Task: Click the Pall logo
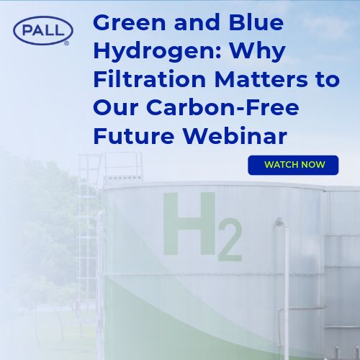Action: pyautogui.click(x=43, y=30)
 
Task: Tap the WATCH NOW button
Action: pyautogui.click(x=293, y=165)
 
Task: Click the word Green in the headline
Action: pyautogui.click(x=130, y=22)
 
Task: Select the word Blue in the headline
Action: pyautogui.click(x=256, y=22)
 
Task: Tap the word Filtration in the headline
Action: pyautogui.click(x=149, y=79)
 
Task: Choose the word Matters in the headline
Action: pyautogui.click(x=261, y=79)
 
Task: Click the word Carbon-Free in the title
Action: pyautogui.click(x=222, y=107)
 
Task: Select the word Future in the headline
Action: pyautogui.click(x=134, y=136)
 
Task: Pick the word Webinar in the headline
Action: pyautogui.click(x=235, y=135)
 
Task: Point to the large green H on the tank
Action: pyautogui.click(x=189, y=224)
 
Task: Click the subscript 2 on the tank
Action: pyautogui.click(x=230, y=240)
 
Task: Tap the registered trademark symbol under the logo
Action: pyautogui.click(x=66, y=43)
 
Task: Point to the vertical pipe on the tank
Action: pyautogui.click(x=285, y=288)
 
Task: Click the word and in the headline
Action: pyautogui.click(x=197, y=22)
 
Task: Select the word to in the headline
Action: pyautogui.click(x=328, y=80)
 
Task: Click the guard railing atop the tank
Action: pyautogui.click(x=122, y=166)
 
